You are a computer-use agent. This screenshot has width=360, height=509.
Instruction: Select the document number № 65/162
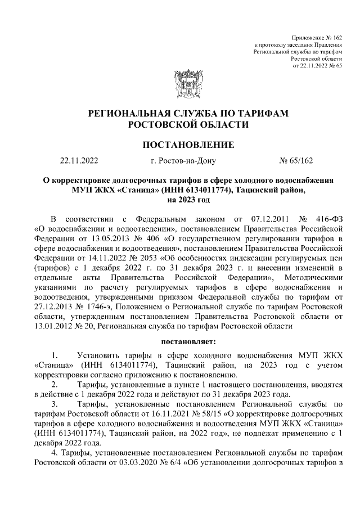click(x=296, y=161)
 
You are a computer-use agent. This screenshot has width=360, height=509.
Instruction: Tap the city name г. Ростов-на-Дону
click(x=183, y=161)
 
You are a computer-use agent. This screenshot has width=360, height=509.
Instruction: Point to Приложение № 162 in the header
click(x=318, y=36)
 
